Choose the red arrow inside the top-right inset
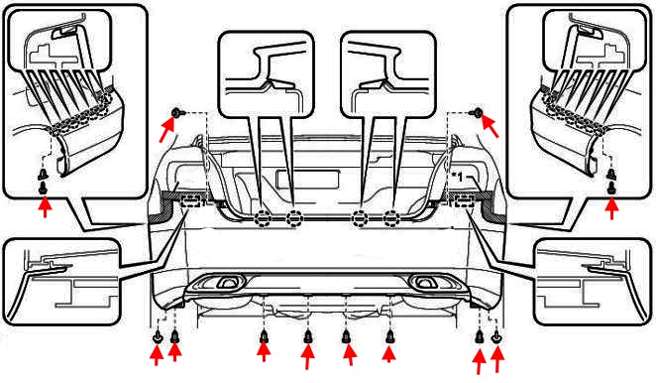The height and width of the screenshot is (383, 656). [x=611, y=207]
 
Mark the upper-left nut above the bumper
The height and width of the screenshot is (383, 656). [x=176, y=112]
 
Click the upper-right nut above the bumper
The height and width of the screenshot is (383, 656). [x=478, y=112]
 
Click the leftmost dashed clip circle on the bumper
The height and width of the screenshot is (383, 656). [x=263, y=218]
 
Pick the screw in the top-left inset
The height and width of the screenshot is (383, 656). [x=44, y=183]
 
